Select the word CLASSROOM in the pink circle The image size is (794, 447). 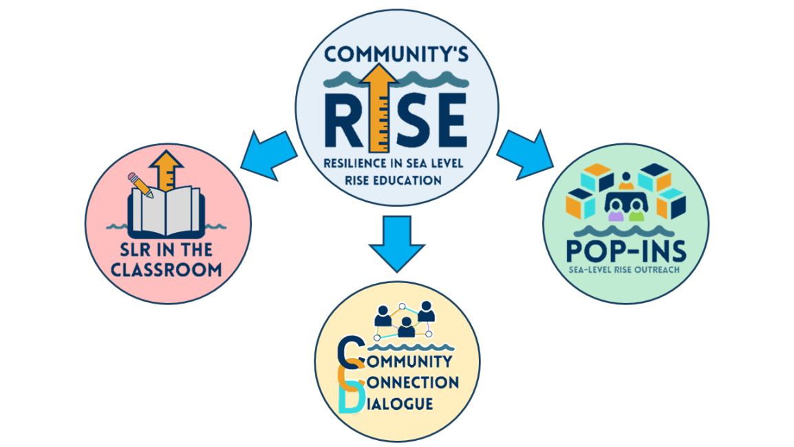[167, 269]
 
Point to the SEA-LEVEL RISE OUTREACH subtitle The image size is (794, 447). [625, 269]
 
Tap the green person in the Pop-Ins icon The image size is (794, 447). [636, 214]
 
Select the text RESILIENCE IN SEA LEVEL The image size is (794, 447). [395, 164]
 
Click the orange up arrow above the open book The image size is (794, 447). [166, 169]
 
